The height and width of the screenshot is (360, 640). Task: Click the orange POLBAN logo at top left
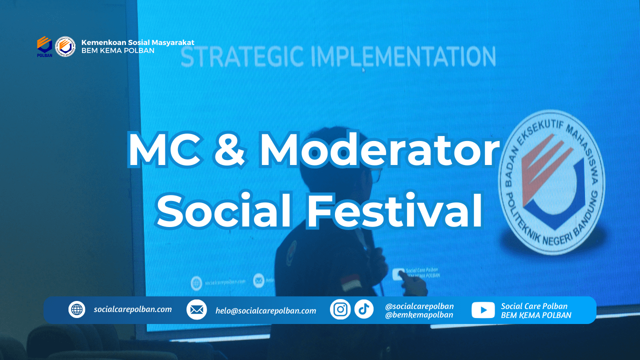pyautogui.click(x=44, y=46)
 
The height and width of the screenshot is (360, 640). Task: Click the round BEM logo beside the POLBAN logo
pyautogui.click(x=65, y=46)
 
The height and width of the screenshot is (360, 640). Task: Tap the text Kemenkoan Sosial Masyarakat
pyautogui.click(x=137, y=42)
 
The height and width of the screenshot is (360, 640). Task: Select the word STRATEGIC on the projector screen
pyautogui.click(x=242, y=57)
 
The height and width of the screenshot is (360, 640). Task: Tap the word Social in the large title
pyautogui.click(x=224, y=211)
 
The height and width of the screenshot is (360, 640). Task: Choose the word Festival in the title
pyautogui.click(x=394, y=211)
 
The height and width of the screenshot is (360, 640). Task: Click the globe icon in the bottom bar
pyautogui.click(x=76, y=309)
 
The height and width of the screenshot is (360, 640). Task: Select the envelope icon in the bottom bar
pyautogui.click(x=196, y=310)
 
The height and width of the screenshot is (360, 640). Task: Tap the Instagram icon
pyautogui.click(x=340, y=309)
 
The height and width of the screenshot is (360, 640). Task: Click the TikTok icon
pyautogui.click(x=364, y=309)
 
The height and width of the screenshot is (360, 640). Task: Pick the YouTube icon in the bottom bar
pyautogui.click(x=483, y=310)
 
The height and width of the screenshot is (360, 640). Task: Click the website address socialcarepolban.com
pyautogui.click(x=132, y=309)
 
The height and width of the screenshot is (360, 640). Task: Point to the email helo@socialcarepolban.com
pyautogui.click(x=265, y=310)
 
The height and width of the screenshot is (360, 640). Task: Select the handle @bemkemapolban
pyautogui.click(x=419, y=315)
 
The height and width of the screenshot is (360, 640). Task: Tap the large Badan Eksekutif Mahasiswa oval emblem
pyautogui.click(x=551, y=183)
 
